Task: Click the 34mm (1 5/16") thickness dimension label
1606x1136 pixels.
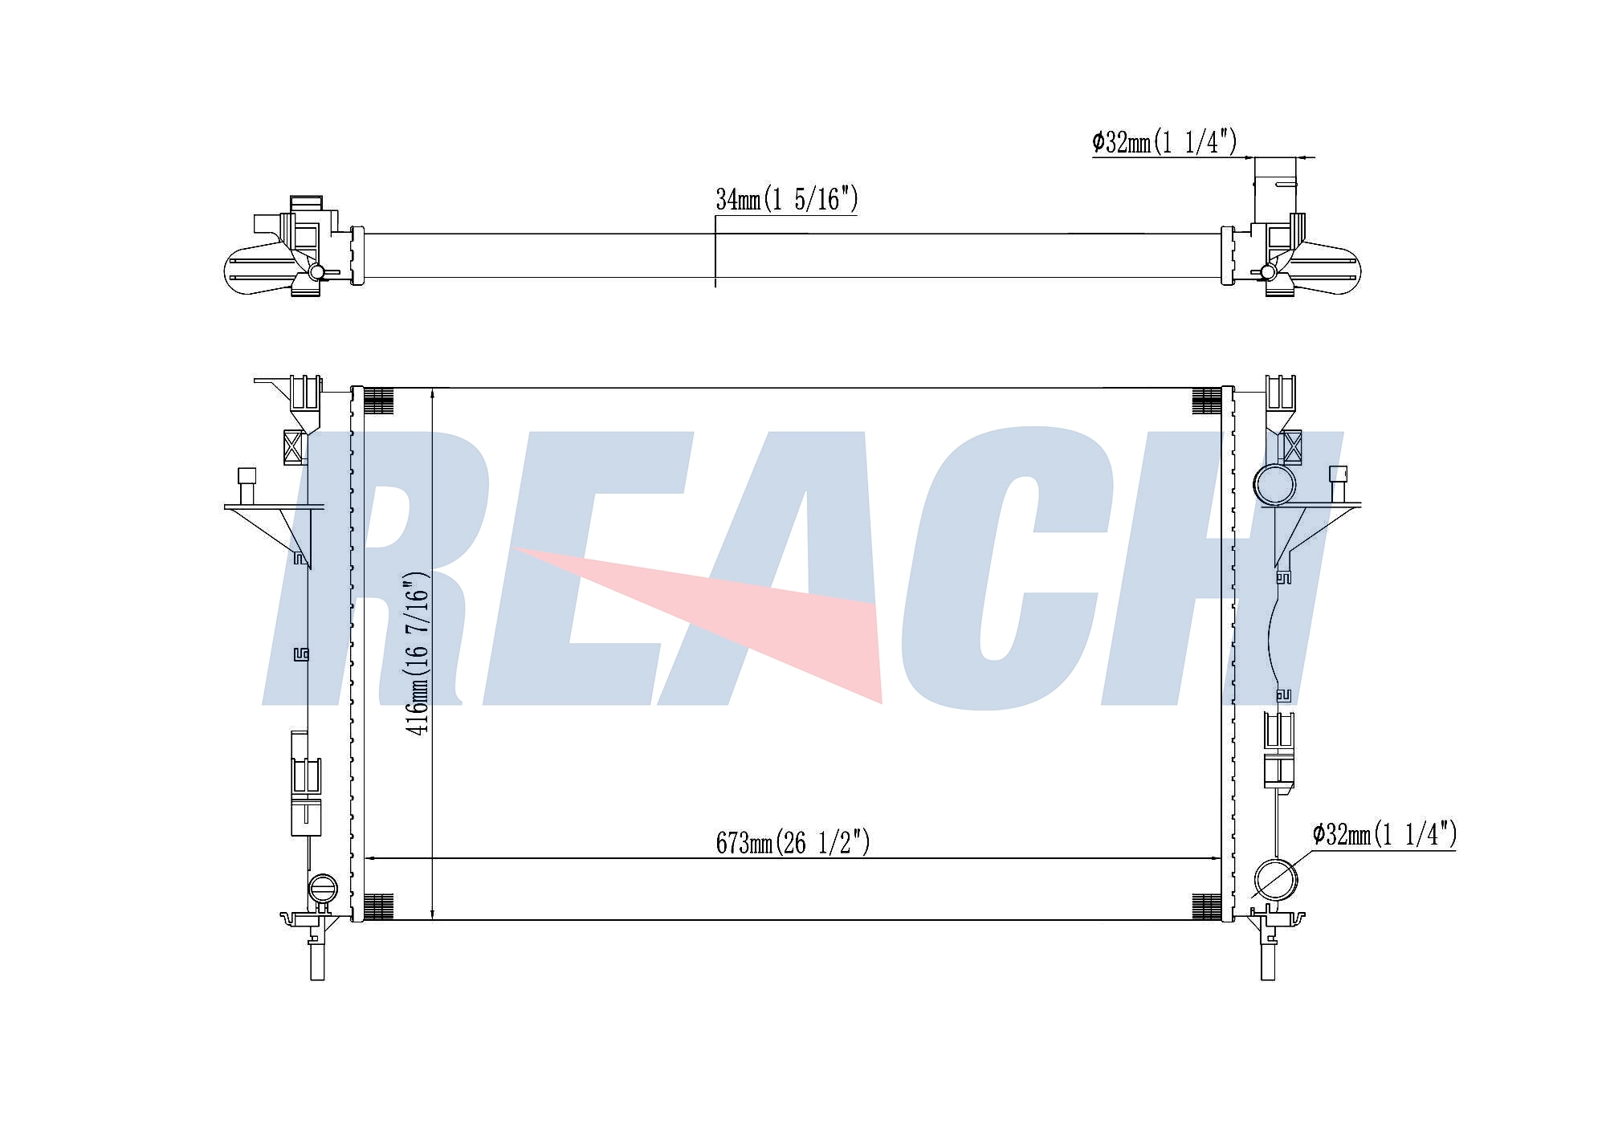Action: pyautogui.click(x=786, y=199)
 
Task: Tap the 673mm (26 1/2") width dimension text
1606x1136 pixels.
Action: pyautogui.click(x=793, y=842)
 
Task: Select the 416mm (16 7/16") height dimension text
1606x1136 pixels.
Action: pyautogui.click(x=418, y=653)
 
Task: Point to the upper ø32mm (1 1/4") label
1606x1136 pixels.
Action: pyautogui.click(x=1164, y=142)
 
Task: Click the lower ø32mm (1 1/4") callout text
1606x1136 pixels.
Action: pyautogui.click(x=1384, y=835)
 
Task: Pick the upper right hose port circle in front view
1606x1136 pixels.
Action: pyautogui.click(x=1274, y=485)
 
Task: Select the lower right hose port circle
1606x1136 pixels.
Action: pyautogui.click(x=1275, y=879)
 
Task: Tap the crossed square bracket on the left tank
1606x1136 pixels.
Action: pyautogui.click(x=295, y=446)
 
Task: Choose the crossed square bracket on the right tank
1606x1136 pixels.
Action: pyautogui.click(x=1292, y=447)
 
